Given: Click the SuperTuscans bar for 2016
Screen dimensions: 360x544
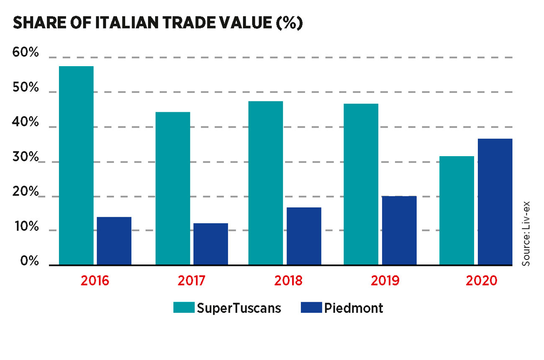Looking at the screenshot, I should tap(76, 165).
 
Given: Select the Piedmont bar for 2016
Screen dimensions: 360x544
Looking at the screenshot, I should tap(114, 241).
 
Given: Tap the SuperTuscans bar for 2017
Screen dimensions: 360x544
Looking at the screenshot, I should tap(172, 188).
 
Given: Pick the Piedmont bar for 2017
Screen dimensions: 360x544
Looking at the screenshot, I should tap(210, 244).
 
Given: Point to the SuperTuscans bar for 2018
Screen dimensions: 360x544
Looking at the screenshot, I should tap(265, 183).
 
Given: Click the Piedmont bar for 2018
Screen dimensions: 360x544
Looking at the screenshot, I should tap(304, 236).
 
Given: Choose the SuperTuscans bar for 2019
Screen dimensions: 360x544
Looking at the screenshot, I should tap(361, 184).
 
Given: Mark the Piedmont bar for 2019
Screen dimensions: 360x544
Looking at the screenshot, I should tap(399, 230).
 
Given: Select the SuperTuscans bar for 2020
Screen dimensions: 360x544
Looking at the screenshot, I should tap(457, 210).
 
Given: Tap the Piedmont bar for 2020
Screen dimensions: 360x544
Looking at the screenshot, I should tap(495, 202).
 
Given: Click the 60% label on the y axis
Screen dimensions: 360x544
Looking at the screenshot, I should tap(26, 53).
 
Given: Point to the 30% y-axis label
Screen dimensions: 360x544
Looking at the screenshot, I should tap(26, 158).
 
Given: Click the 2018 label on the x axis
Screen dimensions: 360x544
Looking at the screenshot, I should tap(288, 280).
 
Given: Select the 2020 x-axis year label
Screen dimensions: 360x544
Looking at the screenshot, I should tap(480, 280).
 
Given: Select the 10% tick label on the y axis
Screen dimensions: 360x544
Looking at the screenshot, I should tap(26, 228).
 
